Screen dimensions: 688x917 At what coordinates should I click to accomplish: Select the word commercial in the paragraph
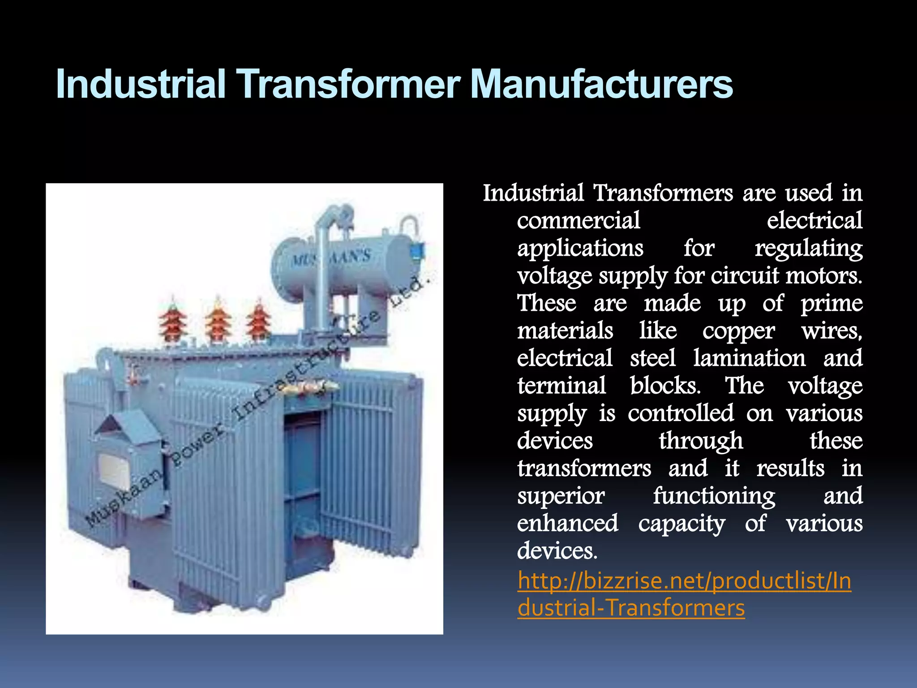tap(578, 221)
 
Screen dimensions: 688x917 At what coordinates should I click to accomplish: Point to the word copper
tap(738, 332)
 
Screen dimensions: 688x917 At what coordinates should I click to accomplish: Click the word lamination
tap(749, 358)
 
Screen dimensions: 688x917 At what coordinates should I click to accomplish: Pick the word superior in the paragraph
tap(561, 496)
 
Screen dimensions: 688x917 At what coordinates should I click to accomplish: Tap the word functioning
tap(714, 496)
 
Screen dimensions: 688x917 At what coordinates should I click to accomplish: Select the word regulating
tap(809, 249)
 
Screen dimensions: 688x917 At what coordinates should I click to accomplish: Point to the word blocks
tap(665, 386)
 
